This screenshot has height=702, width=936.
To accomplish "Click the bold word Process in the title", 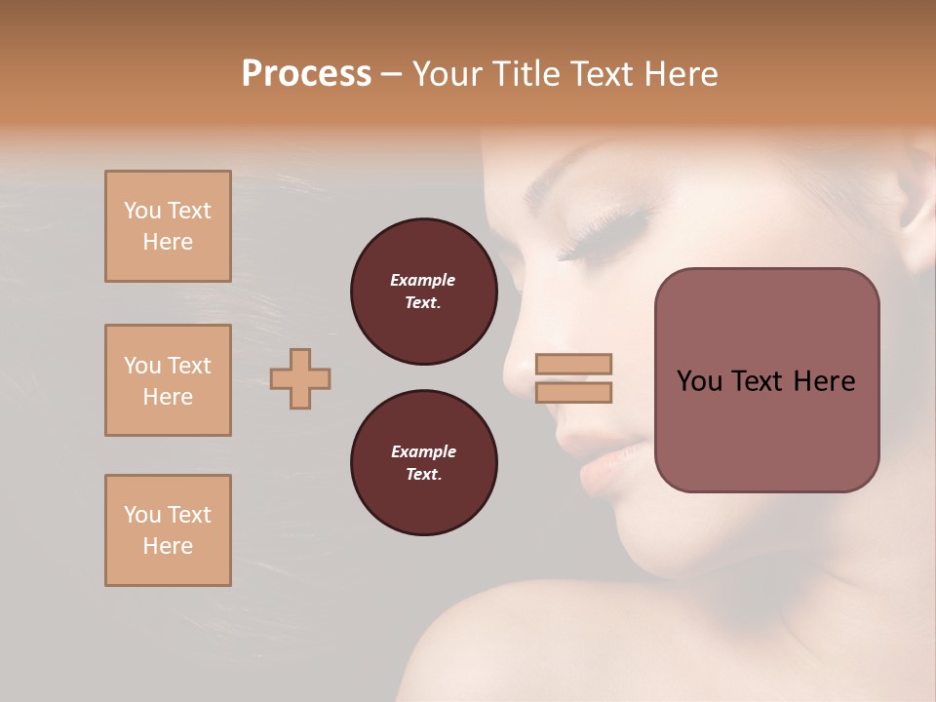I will click(306, 73).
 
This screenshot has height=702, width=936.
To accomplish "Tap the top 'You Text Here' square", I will click(168, 226).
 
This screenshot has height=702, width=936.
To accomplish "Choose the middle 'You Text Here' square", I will click(168, 380).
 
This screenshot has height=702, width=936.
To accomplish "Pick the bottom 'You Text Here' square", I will click(168, 529).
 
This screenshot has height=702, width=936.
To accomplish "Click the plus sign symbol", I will click(300, 378).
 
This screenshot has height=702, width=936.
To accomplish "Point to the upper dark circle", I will click(423, 292).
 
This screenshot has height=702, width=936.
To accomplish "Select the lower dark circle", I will click(423, 463).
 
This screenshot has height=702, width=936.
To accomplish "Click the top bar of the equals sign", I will click(573, 364).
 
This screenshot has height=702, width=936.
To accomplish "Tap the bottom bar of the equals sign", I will click(573, 392).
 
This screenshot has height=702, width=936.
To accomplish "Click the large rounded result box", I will click(766, 380).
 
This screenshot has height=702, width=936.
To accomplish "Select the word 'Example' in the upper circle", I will click(423, 280).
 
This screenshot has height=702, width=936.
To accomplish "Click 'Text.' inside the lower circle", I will click(423, 474).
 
